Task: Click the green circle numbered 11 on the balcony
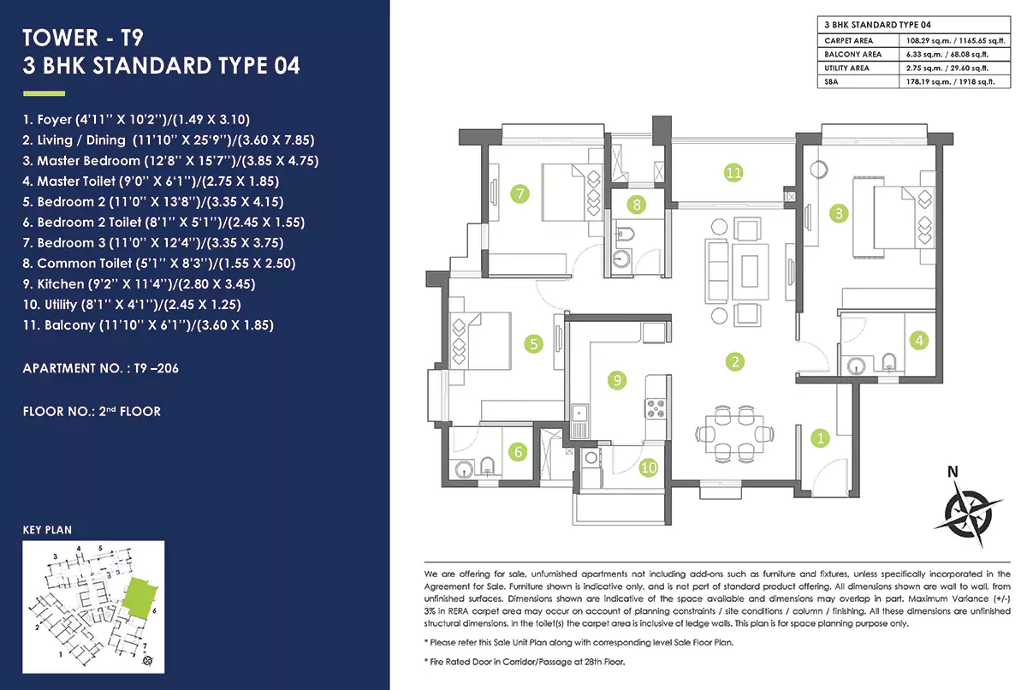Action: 733,172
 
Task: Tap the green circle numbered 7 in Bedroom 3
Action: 519,193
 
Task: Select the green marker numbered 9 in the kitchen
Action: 615,379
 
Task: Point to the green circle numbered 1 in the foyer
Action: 820,438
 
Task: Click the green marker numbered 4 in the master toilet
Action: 918,340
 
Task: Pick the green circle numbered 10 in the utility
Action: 648,467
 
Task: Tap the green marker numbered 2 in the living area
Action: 734,360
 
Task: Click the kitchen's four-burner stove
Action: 656,407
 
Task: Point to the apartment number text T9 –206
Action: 101,370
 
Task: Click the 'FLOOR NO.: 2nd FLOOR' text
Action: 92,412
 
